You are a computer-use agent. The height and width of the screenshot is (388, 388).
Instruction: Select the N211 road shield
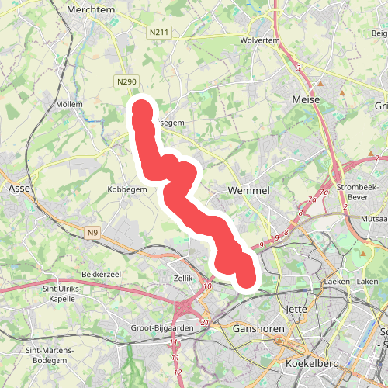(x=158, y=33)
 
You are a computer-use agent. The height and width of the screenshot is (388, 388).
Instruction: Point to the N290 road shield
(x=127, y=81)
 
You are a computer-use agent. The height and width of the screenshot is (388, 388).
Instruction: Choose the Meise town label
(x=305, y=100)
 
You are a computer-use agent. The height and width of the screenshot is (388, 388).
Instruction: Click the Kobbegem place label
(x=127, y=189)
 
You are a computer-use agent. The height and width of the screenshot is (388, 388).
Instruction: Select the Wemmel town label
(x=248, y=190)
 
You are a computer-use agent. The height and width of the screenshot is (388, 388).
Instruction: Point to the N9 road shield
(x=93, y=231)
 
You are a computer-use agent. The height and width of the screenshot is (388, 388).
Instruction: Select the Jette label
(x=297, y=309)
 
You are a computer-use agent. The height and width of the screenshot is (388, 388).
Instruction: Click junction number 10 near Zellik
(x=207, y=287)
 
